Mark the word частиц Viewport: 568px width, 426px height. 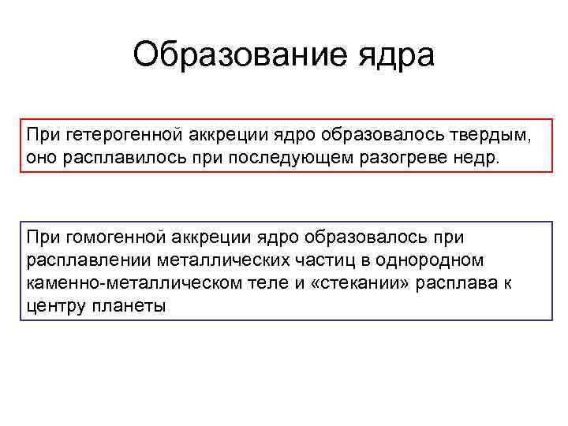323,260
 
